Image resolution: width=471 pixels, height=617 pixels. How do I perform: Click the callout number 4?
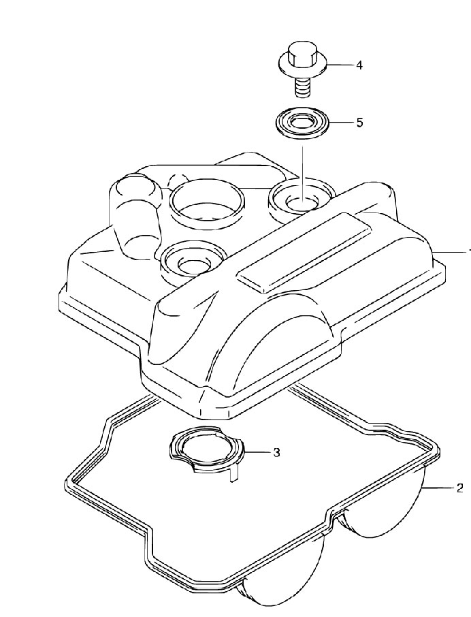point(359,65)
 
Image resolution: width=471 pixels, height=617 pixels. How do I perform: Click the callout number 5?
point(359,123)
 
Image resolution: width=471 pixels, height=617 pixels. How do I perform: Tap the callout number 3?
point(276,452)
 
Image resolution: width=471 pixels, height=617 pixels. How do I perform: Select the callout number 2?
point(459,488)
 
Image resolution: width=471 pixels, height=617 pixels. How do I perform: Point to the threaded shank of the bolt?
point(303,86)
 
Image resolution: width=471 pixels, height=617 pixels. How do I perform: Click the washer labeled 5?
point(302,123)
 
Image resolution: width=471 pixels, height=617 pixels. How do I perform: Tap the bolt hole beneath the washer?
point(302,202)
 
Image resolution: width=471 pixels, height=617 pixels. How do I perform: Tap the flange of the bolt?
point(302,67)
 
